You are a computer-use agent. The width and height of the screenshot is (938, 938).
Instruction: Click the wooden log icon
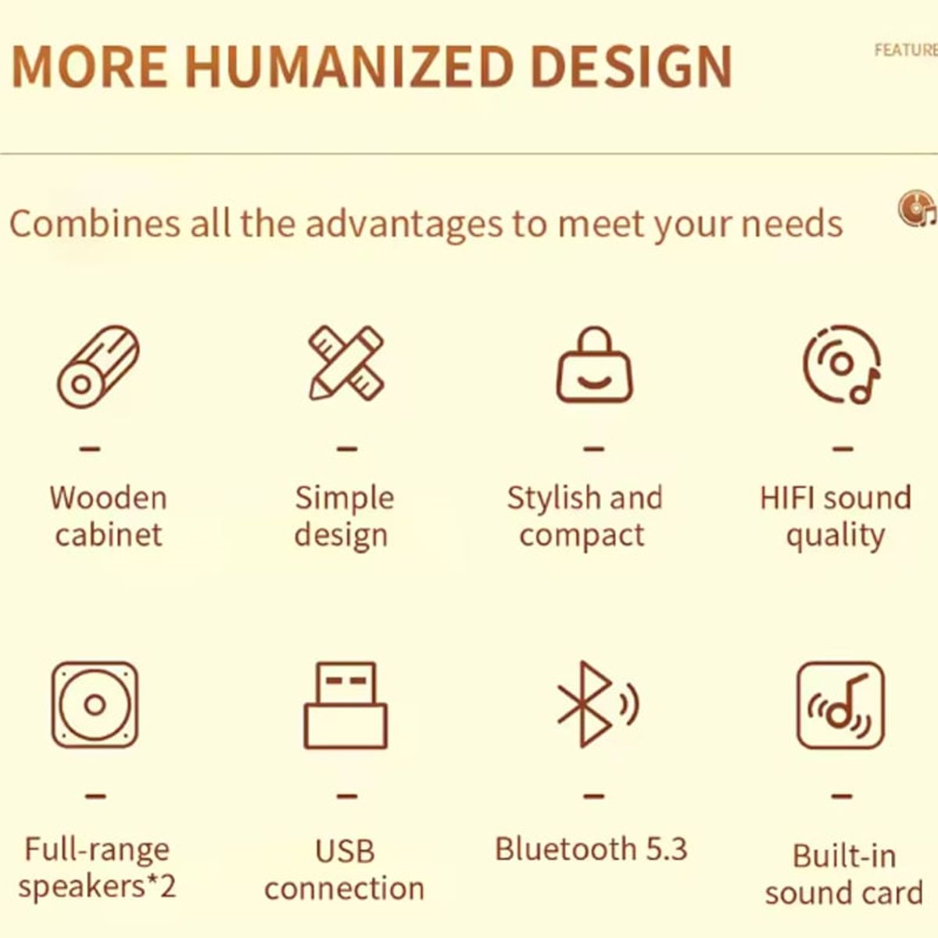point(98,366)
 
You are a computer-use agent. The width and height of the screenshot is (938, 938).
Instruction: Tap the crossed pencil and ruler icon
point(346,363)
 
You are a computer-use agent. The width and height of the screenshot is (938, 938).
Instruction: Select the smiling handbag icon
point(594,365)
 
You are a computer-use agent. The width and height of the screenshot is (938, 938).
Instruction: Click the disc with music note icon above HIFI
point(842,364)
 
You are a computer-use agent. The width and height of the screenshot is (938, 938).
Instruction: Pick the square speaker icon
point(95,704)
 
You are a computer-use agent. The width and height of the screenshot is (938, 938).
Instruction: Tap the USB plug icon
point(345,705)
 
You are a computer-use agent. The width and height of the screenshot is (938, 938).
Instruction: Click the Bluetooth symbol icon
point(598,703)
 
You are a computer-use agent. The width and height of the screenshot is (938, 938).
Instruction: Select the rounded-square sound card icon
point(840,705)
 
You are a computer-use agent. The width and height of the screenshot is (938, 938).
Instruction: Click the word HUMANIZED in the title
point(349,66)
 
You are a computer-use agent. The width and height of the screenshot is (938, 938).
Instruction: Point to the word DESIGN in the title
point(632,66)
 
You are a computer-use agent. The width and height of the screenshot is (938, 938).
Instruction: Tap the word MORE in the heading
point(90,66)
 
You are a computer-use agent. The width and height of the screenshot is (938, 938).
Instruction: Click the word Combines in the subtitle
point(95,224)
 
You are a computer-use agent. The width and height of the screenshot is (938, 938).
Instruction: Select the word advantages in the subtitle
point(403,225)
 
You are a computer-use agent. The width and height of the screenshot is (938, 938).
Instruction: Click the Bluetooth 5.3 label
point(591,849)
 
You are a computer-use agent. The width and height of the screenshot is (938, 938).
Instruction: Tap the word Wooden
point(109,497)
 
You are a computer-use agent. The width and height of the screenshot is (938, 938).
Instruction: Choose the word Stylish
point(553,499)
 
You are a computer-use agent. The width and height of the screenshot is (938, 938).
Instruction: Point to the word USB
point(345,851)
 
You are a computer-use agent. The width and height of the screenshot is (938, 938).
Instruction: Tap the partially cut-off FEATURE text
point(906,50)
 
